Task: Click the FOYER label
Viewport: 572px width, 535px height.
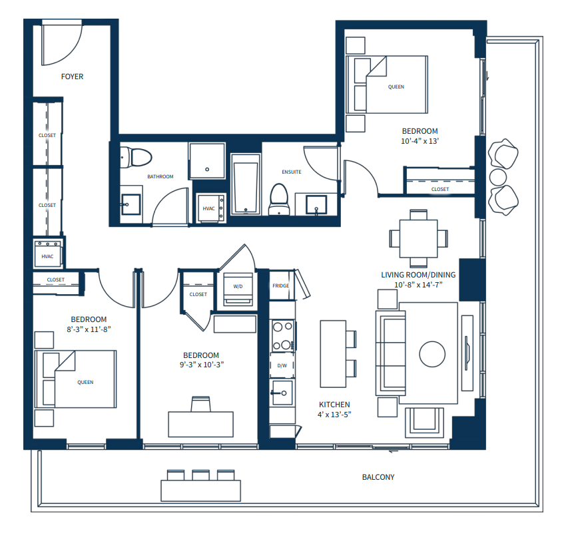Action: (x=72, y=77)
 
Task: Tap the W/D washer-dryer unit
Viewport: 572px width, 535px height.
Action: (x=238, y=288)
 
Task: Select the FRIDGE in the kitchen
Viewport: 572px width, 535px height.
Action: (x=280, y=286)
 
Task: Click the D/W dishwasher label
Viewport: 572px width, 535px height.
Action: (x=282, y=365)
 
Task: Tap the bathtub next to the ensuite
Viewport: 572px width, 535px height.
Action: (x=245, y=184)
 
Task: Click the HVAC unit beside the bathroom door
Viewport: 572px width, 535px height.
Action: (x=209, y=208)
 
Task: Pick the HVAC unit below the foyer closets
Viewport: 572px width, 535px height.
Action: (x=47, y=256)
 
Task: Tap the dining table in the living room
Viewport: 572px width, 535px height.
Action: (x=418, y=238)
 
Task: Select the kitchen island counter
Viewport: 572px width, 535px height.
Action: (x=332, y=353)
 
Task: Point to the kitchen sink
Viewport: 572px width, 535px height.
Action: (x=282, y=391)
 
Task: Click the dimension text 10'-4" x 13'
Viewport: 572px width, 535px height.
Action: (x=420, y=141)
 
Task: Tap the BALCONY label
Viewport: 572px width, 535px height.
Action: (x=378, y=477)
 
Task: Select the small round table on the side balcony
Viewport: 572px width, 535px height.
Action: (x=498, y=176)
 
